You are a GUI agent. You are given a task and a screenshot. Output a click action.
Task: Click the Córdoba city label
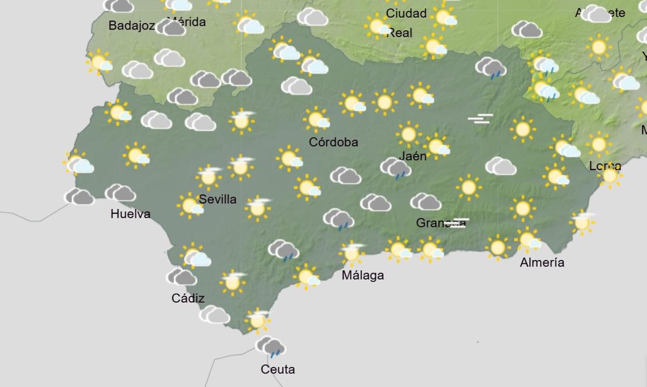[333, 142]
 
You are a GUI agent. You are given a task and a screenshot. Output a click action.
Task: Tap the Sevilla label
[217, 199]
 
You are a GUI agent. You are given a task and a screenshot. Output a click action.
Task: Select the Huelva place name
[130, 214]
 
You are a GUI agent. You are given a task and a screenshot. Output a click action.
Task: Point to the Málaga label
[363, 275]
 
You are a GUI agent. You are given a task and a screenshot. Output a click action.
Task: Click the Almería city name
[542, 263]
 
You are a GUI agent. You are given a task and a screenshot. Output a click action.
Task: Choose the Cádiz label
[188, 298]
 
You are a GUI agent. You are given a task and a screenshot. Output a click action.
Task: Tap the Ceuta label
[278, 370]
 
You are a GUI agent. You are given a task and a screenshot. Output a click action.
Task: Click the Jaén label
[412, 157]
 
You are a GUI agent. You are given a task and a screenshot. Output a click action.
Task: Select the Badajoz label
[132, 25]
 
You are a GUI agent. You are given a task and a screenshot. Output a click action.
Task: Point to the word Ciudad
[406, 13]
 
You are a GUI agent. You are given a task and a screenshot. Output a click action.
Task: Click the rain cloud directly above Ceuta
[271, 347]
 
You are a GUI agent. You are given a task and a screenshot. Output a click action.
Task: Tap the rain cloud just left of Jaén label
[396, 168]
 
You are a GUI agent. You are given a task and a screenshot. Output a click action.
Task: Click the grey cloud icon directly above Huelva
[120, 193]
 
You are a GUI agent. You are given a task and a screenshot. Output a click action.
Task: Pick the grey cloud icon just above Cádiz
[181, 277]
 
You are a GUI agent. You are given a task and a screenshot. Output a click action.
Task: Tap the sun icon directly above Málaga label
[352, 253]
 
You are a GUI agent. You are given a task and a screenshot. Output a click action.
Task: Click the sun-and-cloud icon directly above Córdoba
[316, 119]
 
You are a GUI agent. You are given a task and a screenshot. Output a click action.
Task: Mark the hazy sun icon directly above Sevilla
[209, 176]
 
